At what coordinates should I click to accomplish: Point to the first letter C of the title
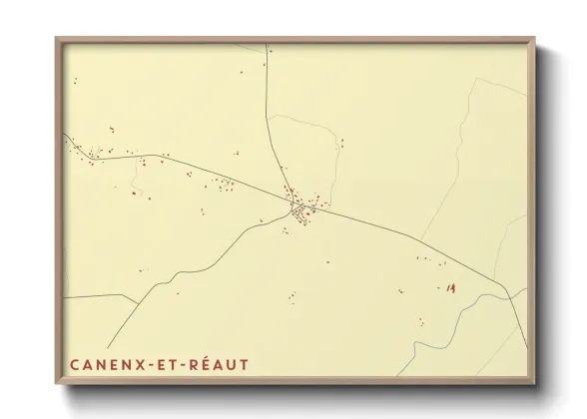76,365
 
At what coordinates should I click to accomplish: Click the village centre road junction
297,209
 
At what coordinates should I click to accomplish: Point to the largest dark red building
451,288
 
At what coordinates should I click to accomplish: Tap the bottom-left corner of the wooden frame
57,390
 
